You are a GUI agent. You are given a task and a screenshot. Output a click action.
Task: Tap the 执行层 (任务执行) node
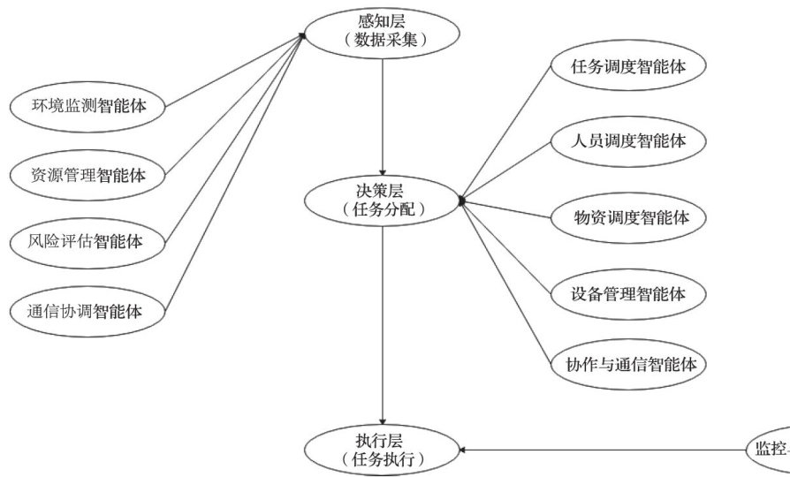(x=383, y=449)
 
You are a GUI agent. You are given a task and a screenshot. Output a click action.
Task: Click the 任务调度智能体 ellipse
(x=628, y=66)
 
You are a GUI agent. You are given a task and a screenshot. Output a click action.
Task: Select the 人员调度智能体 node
(x=628, y=140)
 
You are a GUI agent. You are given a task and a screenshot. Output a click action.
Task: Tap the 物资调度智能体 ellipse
(x=628, y=216)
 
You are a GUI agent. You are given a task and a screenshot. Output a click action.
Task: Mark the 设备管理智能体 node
(x=628, y=291)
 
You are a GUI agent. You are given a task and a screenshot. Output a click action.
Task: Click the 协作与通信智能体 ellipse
(x=628, y=363)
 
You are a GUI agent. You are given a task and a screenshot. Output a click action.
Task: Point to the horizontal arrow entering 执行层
(x=601, y=450)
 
